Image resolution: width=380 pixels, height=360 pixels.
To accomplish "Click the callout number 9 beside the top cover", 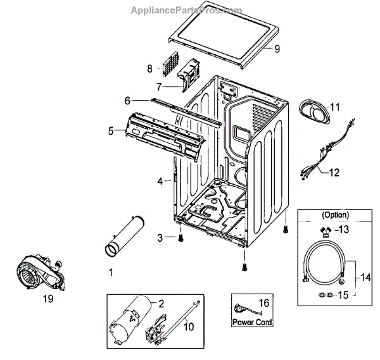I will (x=277, y=48).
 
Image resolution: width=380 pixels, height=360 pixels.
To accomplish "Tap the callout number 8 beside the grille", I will (x=150, y=68).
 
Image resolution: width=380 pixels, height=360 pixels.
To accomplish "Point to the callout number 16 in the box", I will (x=264, y=304).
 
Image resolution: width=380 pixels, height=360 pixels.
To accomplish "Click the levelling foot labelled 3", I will (x=180, y=238).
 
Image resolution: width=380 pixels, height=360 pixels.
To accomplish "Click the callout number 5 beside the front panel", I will (x=111, y=131).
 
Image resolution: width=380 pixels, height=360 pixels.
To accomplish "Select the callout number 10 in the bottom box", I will (x=188, y=327).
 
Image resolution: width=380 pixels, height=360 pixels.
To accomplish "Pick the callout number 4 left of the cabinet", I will (x=160, y=182).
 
